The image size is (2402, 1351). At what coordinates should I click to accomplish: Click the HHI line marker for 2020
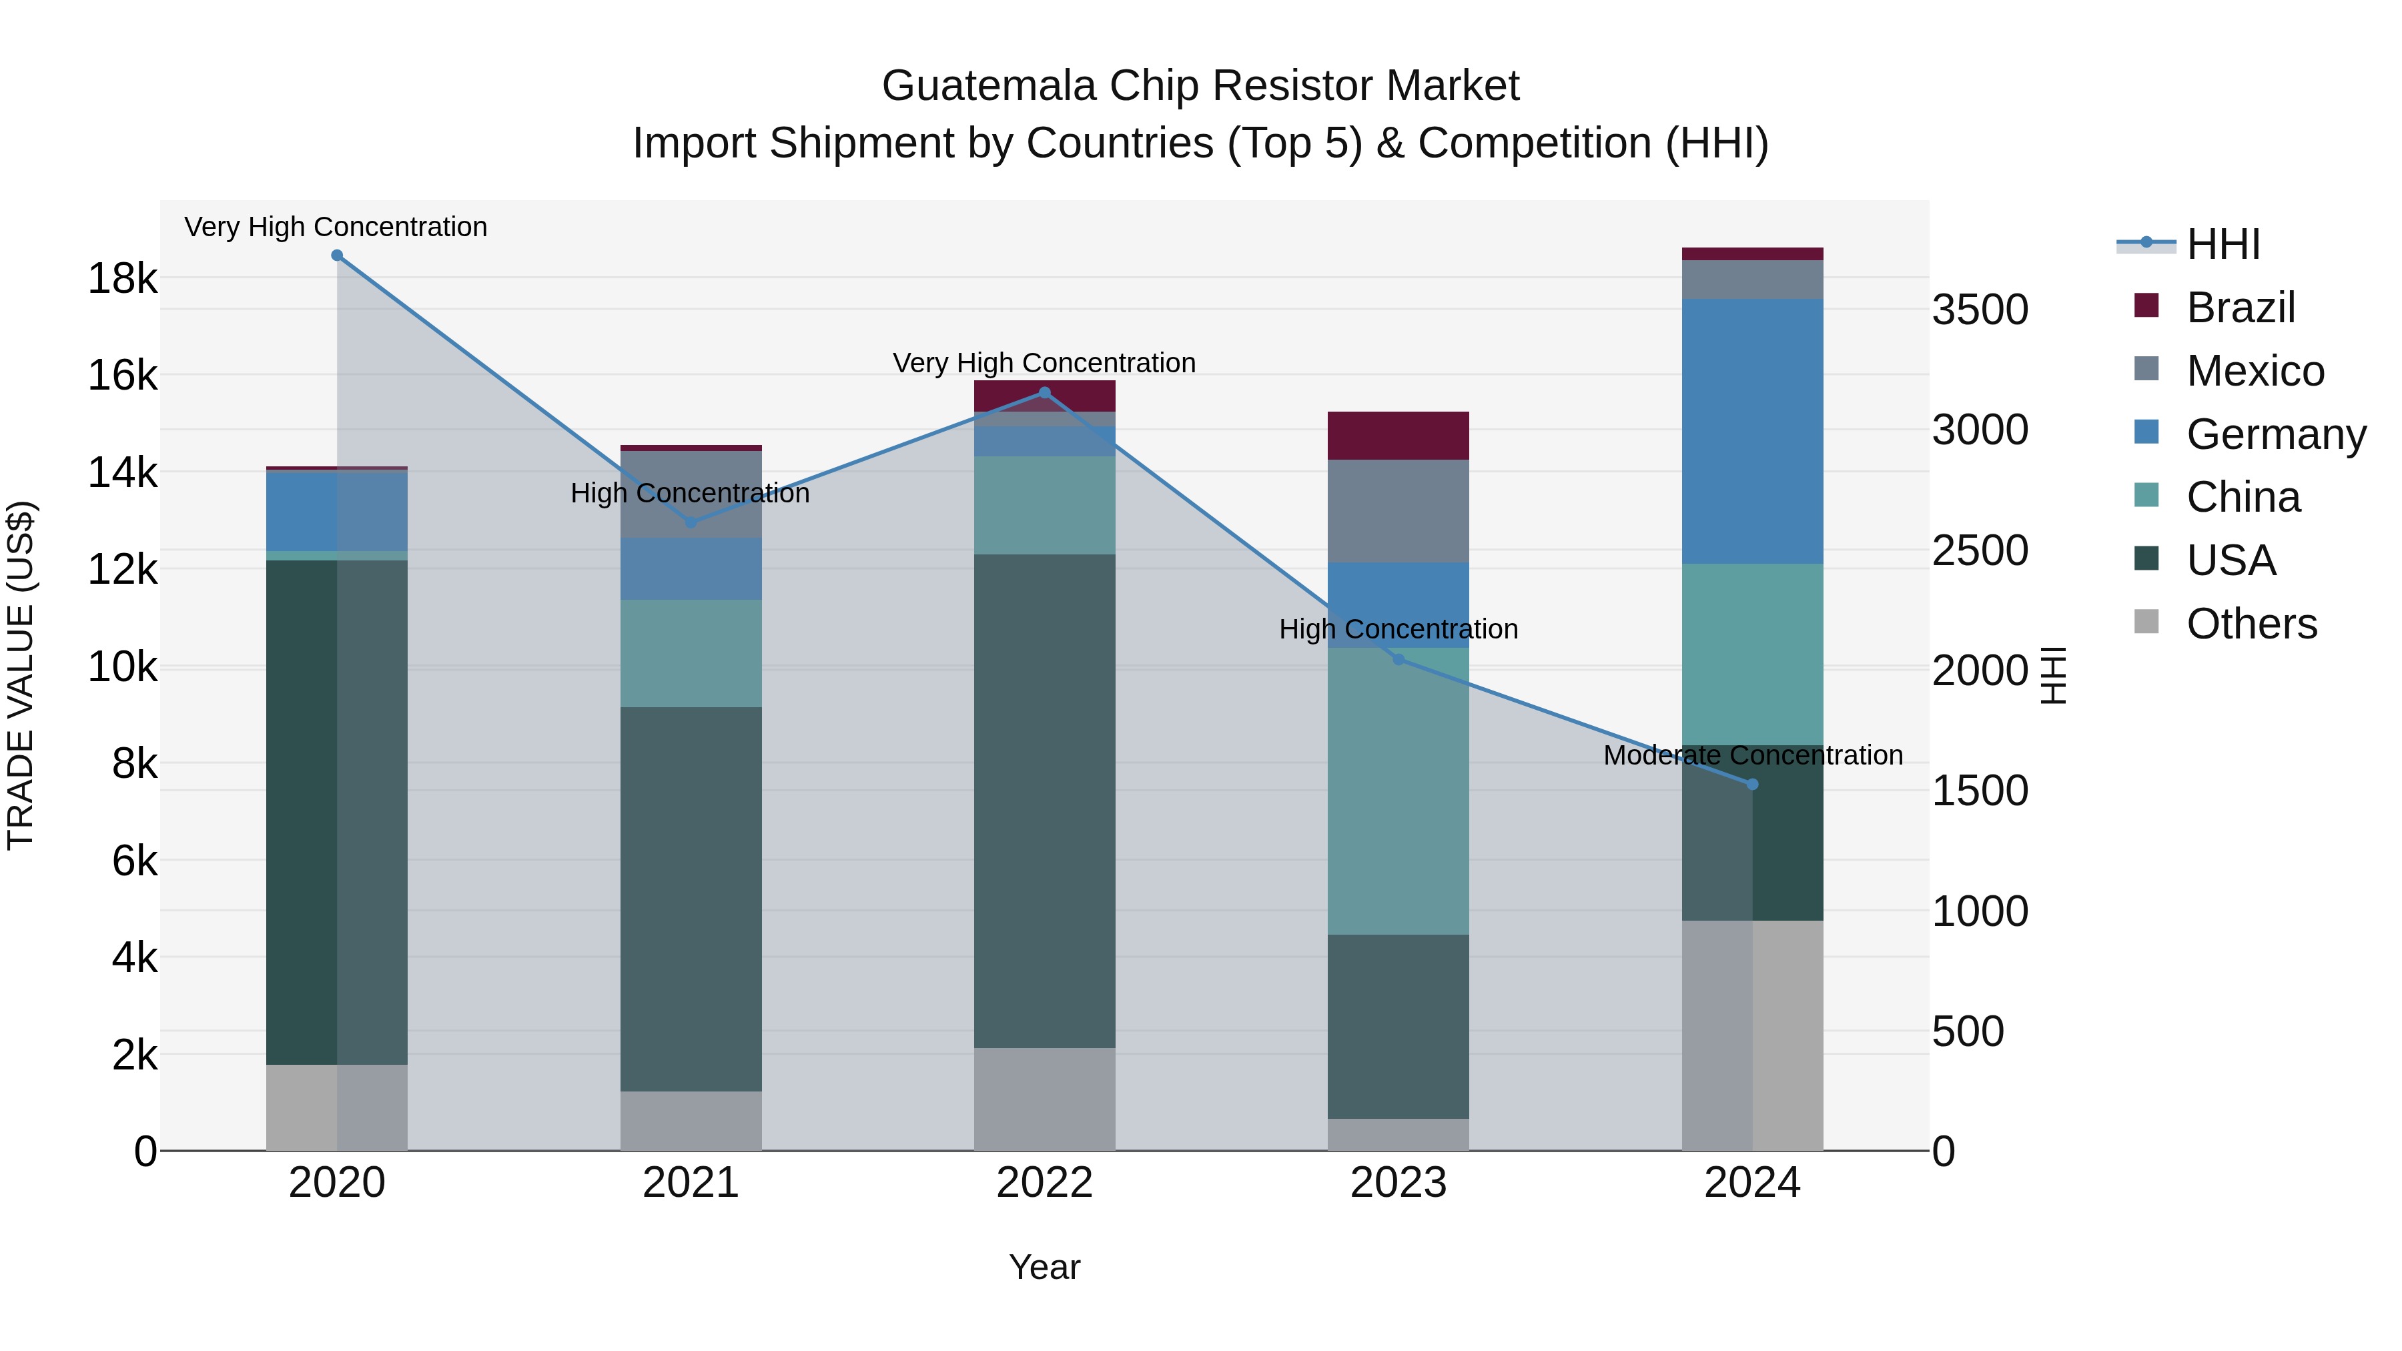pos(337,256)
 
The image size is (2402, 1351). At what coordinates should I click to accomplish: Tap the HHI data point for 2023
pos(1398,660)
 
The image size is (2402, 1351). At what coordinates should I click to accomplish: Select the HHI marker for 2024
pos(1752,784)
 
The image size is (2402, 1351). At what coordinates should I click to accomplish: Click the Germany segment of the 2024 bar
pos(1752,431)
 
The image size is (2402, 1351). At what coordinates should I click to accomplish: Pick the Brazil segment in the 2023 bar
pos(1398,436)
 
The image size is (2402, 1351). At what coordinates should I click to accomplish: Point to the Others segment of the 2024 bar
pos(1752,1035)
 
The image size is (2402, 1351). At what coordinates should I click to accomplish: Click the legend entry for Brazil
pos(2239,308)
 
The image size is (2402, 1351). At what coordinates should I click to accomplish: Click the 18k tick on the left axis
pos(122,278)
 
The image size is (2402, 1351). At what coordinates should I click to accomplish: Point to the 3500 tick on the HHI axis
pos(1980,310)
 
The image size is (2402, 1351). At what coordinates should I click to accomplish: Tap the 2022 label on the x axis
pos(1044,1183)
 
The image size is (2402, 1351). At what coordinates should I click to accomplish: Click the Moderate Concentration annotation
pos(1752,755)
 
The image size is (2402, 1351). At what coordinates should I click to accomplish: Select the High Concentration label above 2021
pos(690,493)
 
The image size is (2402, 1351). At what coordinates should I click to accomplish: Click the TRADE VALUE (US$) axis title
pos(21,675)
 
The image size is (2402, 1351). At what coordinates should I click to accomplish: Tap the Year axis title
pos(1044,1267)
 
